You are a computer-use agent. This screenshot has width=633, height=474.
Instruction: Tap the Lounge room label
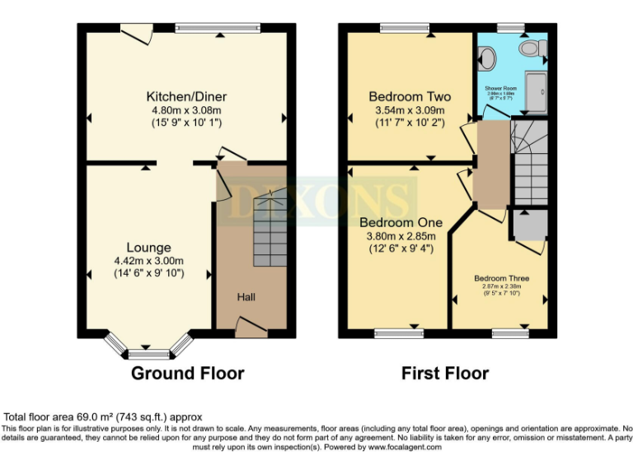tap(148, 247)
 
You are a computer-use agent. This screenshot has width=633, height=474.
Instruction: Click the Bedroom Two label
tap(406, 95)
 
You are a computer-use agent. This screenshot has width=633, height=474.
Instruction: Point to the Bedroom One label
tap(401, 222)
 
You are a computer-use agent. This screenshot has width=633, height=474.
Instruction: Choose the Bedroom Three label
tap(501, 278)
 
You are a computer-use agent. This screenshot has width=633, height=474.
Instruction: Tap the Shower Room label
tap(500, 87)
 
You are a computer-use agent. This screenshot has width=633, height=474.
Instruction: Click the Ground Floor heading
tap(188, 373)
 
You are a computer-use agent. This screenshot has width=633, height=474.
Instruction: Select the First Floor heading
tap(445, 373)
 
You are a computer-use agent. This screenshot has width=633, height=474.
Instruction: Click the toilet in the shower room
tap(487, 58)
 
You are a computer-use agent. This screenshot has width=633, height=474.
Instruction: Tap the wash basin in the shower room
tap(539, 49)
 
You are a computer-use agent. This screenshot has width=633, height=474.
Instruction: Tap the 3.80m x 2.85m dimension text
tap(401, 236)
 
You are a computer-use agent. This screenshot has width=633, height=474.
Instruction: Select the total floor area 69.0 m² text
tap(103, 417)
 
